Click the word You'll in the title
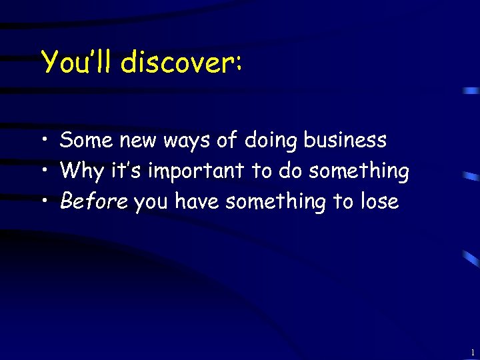[x=77, y=63]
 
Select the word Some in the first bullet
[x=87, y=141]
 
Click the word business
[x=345, y=141]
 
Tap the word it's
[x=126, y=171]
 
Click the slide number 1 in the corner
[x=472, y=352]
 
